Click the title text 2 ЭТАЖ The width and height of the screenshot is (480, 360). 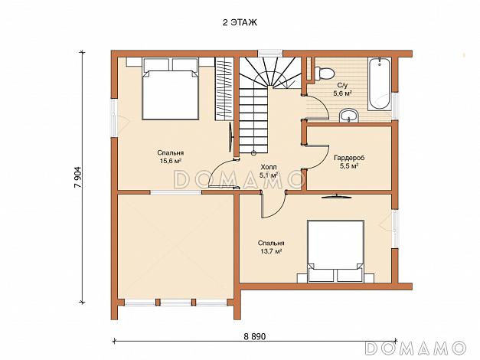click(x=240, y=23)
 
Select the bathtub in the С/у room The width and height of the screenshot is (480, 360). click(x=379, y=84)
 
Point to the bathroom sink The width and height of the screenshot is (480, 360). click(x=348, y=116)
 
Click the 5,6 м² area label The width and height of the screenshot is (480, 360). click(x=342, y=93)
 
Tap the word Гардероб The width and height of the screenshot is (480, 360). click(x=349, y=158)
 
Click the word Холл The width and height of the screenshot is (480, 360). click(x=269, y=167)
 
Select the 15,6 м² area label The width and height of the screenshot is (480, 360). click(x=171, y=161)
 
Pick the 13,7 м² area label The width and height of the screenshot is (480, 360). click(x=271, y=251)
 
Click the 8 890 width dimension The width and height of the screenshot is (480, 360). click(x=255, y=337)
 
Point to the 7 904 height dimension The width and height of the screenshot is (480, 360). click(x=77, y=178)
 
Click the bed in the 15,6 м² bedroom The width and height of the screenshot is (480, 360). click(x=170, y=89)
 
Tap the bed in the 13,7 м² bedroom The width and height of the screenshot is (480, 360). click(x=336, y=251)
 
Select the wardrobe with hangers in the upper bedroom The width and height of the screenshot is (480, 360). click(x=224, y=89)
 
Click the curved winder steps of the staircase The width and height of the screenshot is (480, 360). click(x=269, y=72)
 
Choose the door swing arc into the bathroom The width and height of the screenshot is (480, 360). click(x=322, y=105)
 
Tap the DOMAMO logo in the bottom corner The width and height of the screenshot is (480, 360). click(x=416, y=348)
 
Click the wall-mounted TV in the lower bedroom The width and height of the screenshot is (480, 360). click(x=336, y=196)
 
